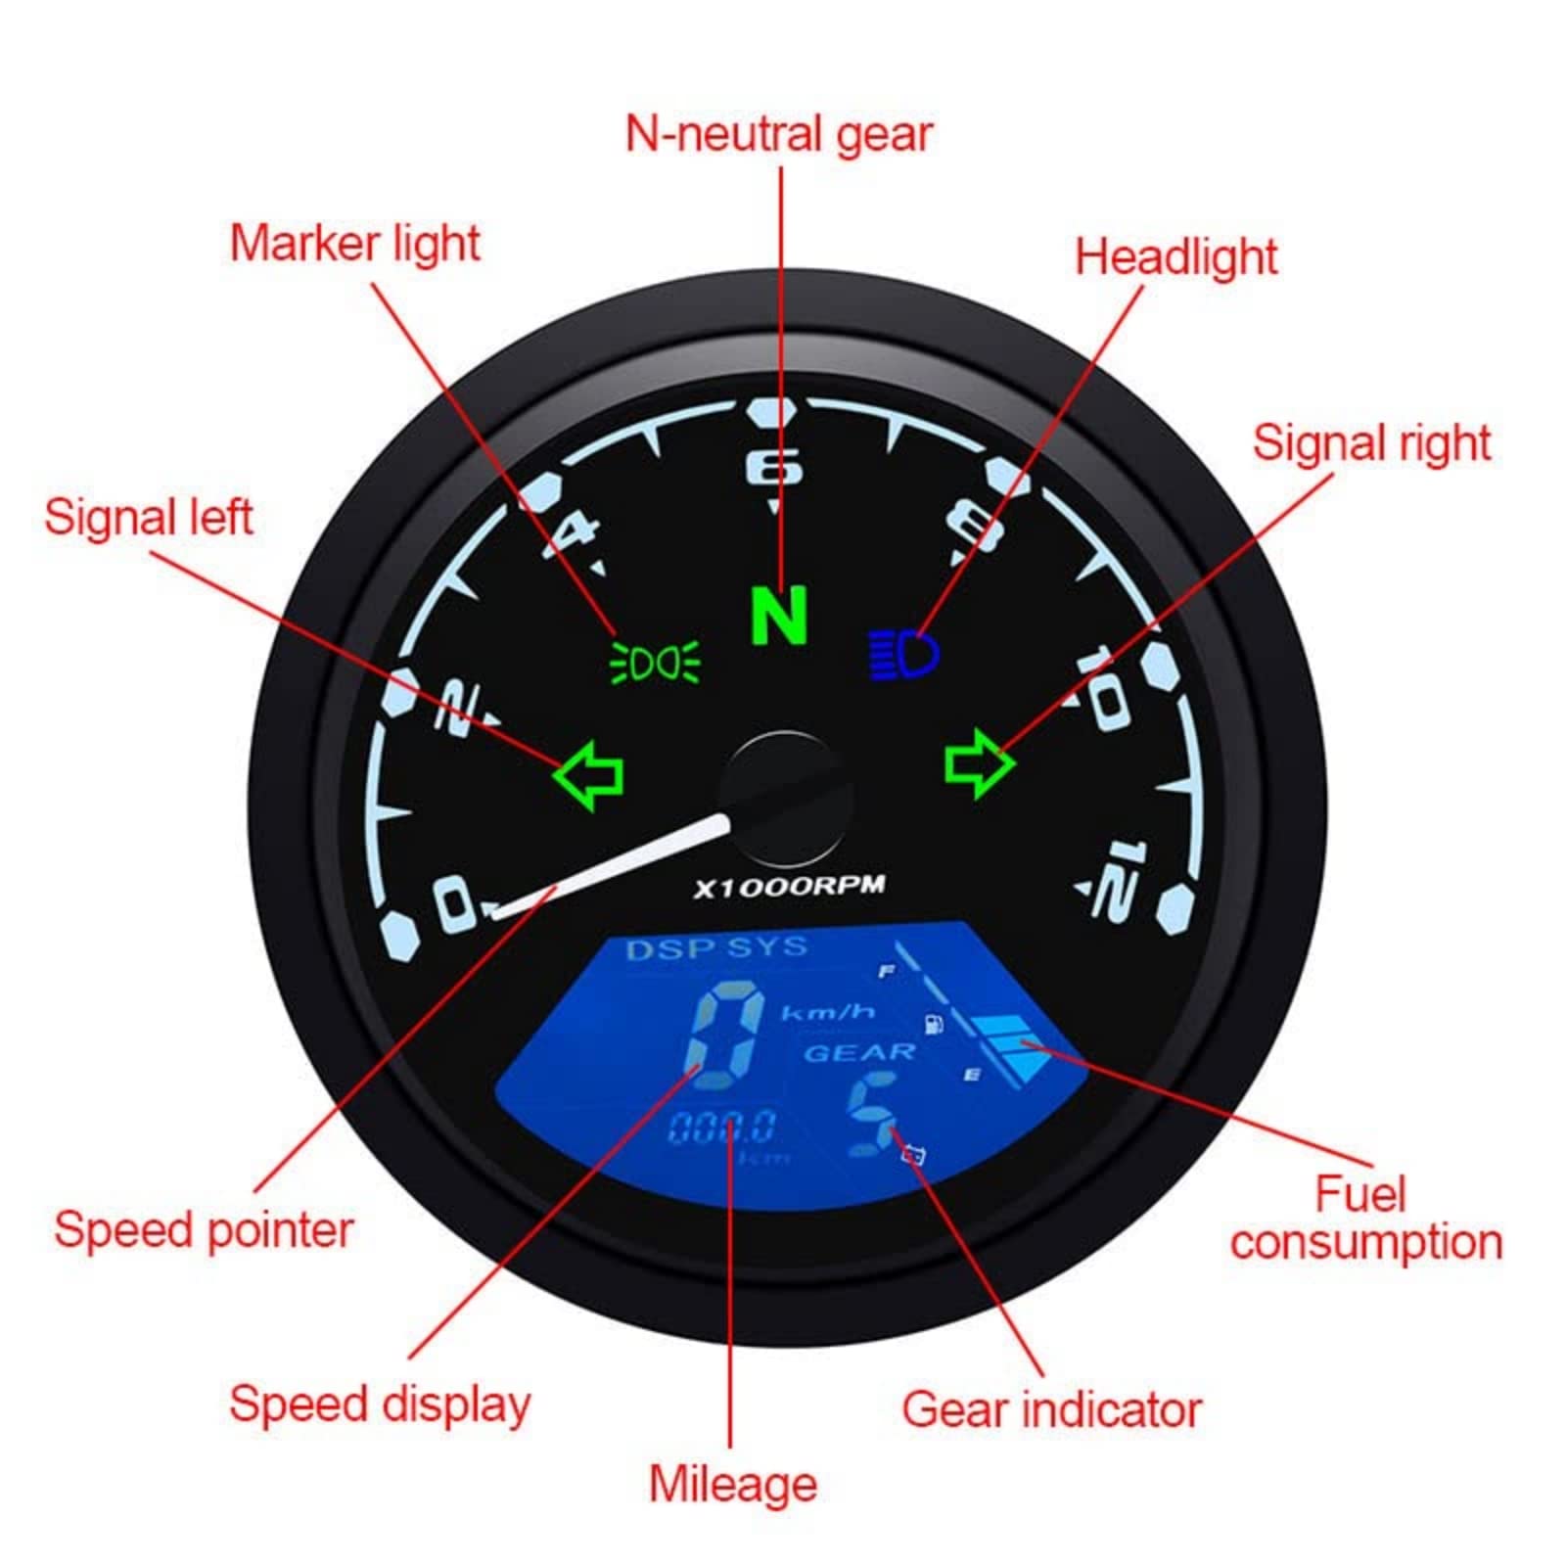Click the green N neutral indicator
[x=779, y=616]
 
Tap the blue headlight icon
[x=904, y=654]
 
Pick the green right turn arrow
[x=978, y=763]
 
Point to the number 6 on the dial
[x=775, y=467]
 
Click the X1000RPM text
[x=789, y=887]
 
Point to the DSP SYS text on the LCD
[x=716, y=947]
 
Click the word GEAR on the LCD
[x=859, y=1053]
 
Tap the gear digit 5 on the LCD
[x=872, y=1114]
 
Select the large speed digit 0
[x=725, y=1029]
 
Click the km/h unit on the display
[x=827, y=1012]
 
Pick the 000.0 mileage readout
[x=722, y=1128]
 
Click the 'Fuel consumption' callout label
[x=1365, y=1219]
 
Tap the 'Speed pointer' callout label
[x=204, y=1230]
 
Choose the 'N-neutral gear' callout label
[x=779, y=134]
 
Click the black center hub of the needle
[x=784, y=798]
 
